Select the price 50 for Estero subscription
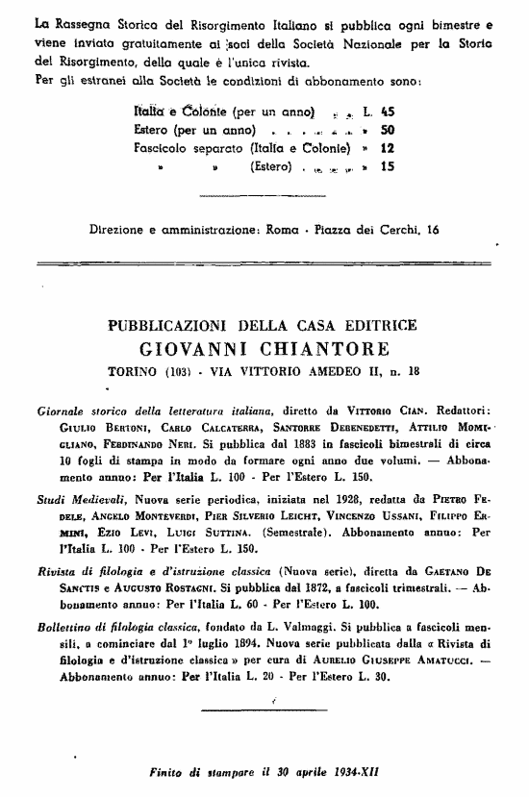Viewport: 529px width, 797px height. tap(388, 130)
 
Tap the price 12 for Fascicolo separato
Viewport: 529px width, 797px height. tap(388, 148)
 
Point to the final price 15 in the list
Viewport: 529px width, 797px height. tap(388, 166)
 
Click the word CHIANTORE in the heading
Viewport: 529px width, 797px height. tap(313, 347)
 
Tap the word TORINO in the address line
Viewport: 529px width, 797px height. tap(131, 370)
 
